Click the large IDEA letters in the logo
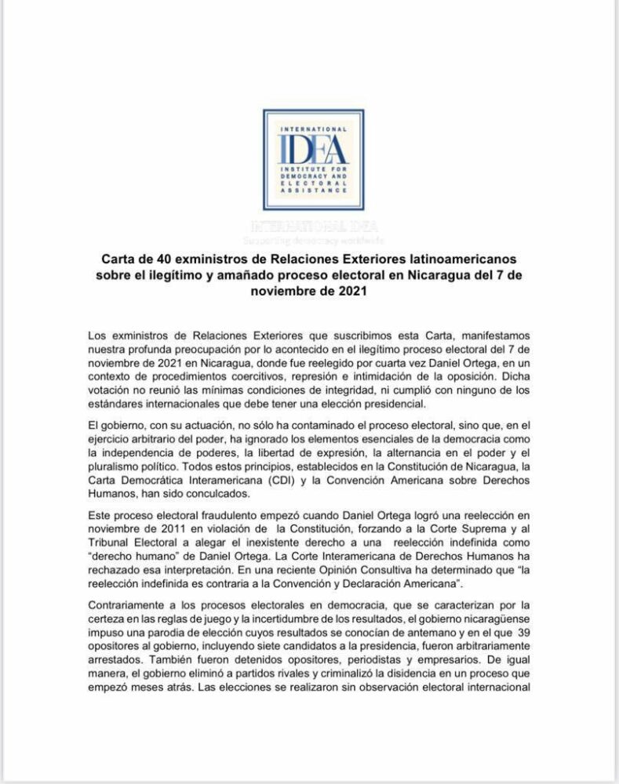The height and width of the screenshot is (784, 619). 313,148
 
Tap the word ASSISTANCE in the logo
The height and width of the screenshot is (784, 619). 313,190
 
